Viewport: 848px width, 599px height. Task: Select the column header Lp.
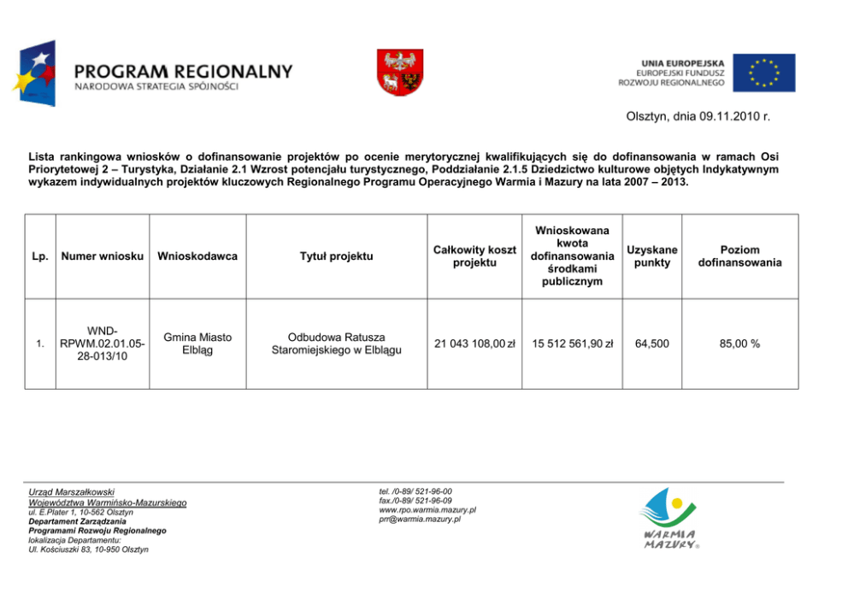[39, 256]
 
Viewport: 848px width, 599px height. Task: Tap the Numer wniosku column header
[102, 256]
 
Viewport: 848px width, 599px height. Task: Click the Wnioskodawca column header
[197, 256]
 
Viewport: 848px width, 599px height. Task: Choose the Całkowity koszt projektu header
[474, 255]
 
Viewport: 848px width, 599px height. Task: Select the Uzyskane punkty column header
[651, 255]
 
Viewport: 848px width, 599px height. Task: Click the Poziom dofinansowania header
[739, 255]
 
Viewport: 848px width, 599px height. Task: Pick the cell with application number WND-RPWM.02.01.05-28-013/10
[102, 344]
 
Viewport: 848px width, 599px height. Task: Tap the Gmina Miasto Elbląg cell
[197, 344]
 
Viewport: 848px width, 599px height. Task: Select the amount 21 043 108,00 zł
[474, 344]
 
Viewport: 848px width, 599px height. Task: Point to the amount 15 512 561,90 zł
[573, 344]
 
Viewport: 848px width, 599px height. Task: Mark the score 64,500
[651, 344]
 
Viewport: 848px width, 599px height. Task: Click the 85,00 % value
[739, 344]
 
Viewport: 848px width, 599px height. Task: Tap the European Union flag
[763, 73]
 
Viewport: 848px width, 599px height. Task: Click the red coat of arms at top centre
[400, 73]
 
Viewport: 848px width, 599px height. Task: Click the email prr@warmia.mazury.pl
[420, 519]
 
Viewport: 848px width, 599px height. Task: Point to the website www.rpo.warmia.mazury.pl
[427, 509]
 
